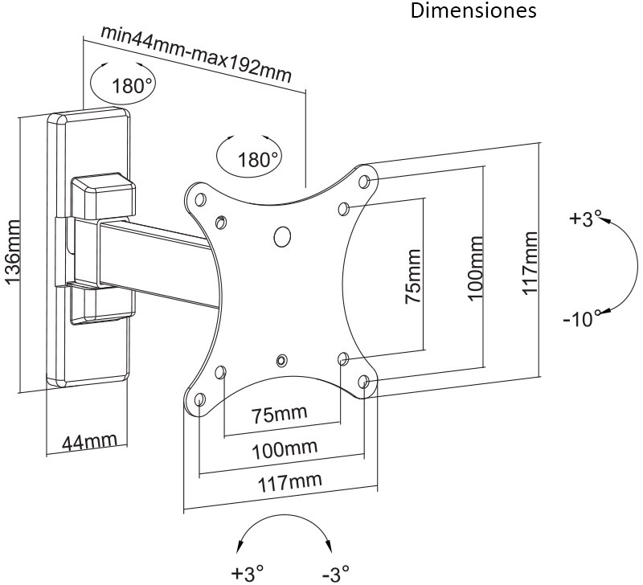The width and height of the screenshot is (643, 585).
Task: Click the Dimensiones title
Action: [x=473, y=11]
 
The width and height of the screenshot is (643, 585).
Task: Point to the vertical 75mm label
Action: [x=412, y=276]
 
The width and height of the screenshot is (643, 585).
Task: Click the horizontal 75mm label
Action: [x=279, y=415]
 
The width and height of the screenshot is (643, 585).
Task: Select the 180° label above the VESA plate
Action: [x=258, y=159]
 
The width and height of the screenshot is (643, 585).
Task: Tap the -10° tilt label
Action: [x=582, y=319]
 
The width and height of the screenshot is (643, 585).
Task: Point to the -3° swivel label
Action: [x=334, y=574]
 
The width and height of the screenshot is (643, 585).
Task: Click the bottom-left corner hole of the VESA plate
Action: [x=199, y=399]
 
